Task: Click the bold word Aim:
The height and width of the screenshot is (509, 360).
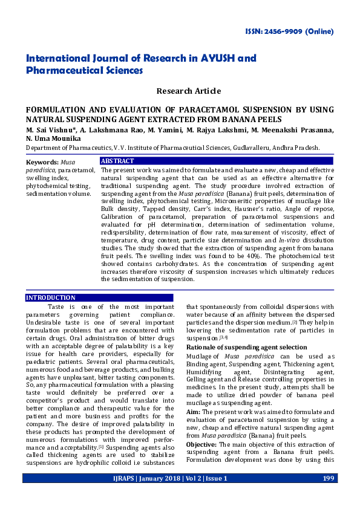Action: click(x=193, y=394)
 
